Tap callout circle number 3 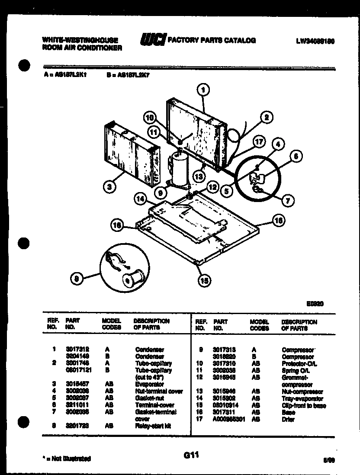(x=110, y=187)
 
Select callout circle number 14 (x=140, y=199)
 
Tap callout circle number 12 (x=212, y=187)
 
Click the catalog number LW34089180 (x=316, y=42)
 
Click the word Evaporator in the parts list (x=149, y=384)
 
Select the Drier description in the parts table (x=288, y=420)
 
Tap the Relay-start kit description (x=153, y=426)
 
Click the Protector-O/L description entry (x=299, y=364)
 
